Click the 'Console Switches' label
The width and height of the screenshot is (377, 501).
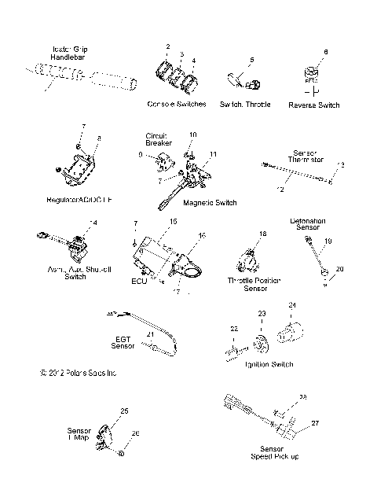176,104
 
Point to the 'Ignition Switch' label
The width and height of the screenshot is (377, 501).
270,364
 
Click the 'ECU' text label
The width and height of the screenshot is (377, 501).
140,280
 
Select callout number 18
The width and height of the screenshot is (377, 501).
263,234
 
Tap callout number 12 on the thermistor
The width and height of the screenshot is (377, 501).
280,189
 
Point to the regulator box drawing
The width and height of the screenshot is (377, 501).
79,167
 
